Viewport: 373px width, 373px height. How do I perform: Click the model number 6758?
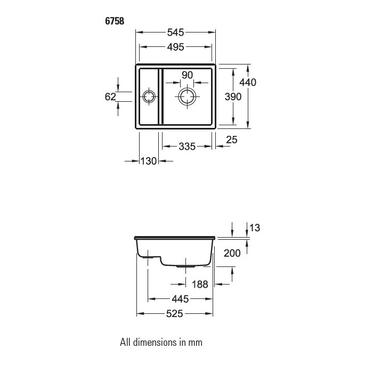pyautogui.click(x=115, y=21)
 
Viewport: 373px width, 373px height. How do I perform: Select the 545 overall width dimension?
pyautogui.click(x=175, y=33)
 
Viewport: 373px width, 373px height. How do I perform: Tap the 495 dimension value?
pyautogui.click(x=175, y=47)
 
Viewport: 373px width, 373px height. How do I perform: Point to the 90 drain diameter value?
pyautogui.click(x=187, y=75)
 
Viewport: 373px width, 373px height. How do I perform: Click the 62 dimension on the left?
pyautogui.click(x=110, y=97)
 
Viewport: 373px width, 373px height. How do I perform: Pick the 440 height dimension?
pyautogui.click(x=248, y=82)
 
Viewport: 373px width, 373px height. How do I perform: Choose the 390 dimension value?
pyautogui.click(x=233, y=97)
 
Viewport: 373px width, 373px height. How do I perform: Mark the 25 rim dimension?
pyautogui.click(x=232, y=140)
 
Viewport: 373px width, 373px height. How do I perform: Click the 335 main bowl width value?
pyautogui.click(x=187, y=147)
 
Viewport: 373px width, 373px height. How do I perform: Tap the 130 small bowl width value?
pyautogui.click(x=149, y=161)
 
